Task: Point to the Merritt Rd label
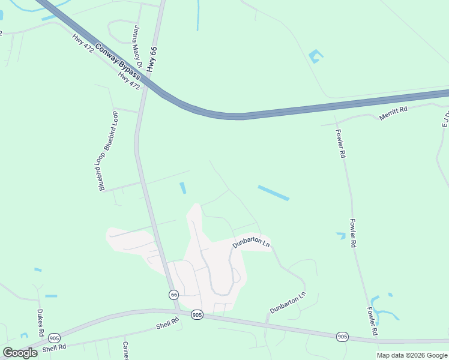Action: click(393, 113)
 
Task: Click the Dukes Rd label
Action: click(40, 322)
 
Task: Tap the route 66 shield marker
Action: click(173, 295)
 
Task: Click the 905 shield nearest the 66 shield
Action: click(197, 314)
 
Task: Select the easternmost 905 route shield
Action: click(342, 337)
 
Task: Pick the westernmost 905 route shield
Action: click(55, 338)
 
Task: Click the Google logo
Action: click(20, 352)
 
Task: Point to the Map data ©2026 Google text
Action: click(412, 355)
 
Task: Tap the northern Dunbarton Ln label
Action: click(252, 243)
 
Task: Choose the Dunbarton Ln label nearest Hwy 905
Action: click(288, 303)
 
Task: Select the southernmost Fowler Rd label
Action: click(372, 322)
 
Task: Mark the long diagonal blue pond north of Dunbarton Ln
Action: click(273, 193)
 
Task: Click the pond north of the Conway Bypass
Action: click(315, 57)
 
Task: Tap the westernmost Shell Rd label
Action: click(54, 347)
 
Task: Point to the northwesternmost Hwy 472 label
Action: click(83, 43)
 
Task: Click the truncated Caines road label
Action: click(125, 351)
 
